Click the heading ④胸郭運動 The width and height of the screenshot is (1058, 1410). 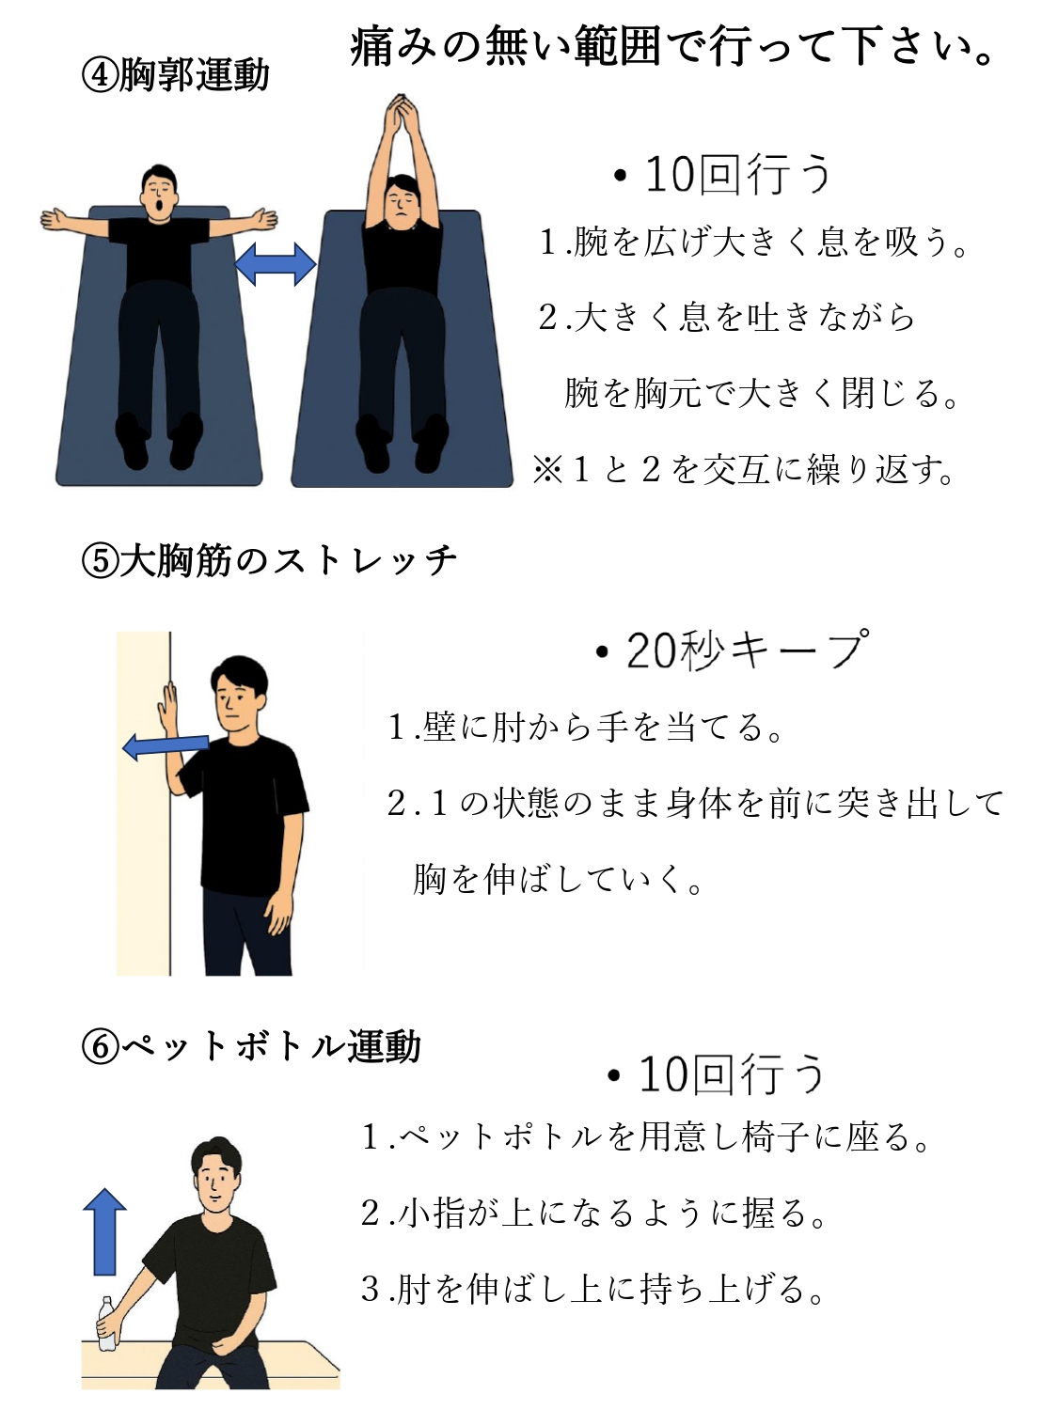click(x=175, y=76)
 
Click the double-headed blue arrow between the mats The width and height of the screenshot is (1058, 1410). click(x=275, y=264)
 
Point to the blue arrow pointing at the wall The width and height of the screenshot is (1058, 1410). click(x=166, y=747)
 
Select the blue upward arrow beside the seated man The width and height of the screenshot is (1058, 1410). click(x=104, y=1230)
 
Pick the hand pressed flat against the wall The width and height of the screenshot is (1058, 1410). click(x=167, y=709)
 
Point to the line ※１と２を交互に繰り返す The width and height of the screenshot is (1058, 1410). click(x=744, y=470)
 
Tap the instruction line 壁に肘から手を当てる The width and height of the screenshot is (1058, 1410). click(x=585, y=727)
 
